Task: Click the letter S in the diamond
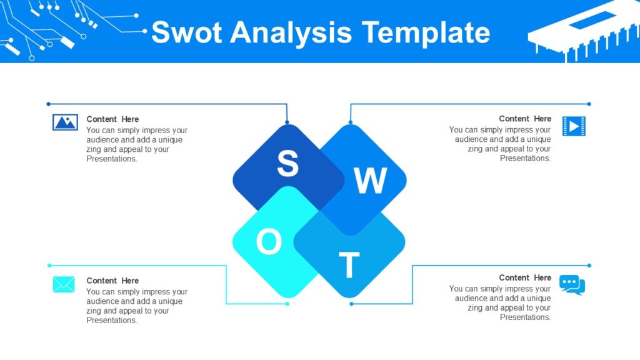287,163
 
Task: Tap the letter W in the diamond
370,181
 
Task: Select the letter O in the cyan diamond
269,242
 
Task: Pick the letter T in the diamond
349,266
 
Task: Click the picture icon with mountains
65,122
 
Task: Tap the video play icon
574,126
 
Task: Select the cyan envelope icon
64,284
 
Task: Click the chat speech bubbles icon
572,284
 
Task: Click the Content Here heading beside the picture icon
112,119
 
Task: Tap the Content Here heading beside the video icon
525,119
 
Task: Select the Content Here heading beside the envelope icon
112,281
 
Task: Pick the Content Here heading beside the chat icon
525,277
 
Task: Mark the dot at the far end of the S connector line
49,104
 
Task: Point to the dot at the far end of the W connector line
589,104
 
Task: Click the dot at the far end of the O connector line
49,266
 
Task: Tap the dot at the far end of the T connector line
589,266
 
